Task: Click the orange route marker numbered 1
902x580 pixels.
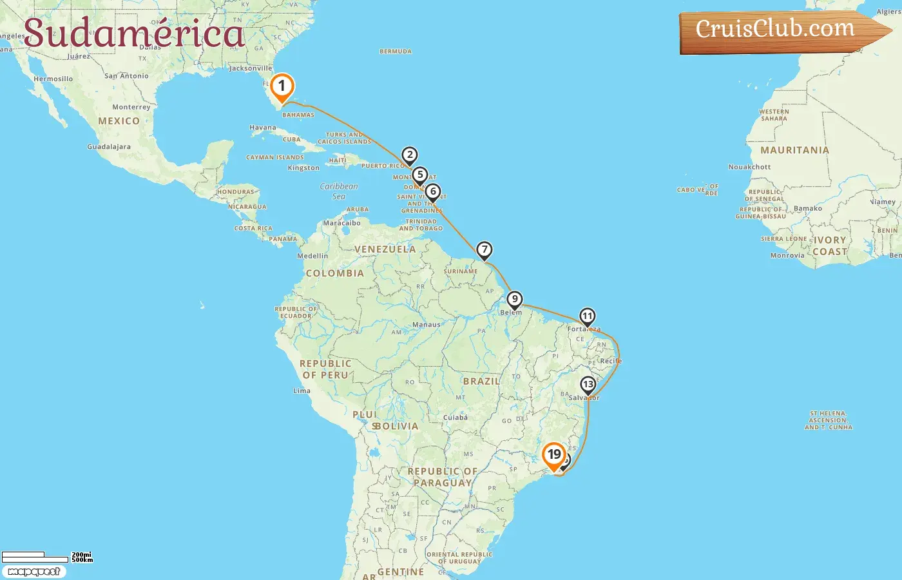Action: click(282, 86)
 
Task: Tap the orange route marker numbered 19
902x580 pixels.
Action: click(554, 455)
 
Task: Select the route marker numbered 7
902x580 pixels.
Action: click(484, 250)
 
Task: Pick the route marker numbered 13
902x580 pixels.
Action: click(588, 385)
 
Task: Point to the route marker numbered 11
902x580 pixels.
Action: click(587, 316)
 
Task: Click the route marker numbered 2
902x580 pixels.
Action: click(409, 155)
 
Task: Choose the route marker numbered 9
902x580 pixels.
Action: click(514, 300)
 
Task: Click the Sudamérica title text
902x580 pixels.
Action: click(134, 34)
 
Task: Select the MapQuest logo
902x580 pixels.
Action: click(34, 572)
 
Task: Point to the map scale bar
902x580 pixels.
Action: click(35, 557)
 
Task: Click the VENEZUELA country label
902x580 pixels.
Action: click(385, 249)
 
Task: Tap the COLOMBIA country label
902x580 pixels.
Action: click(334, 273)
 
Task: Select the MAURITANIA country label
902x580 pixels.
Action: click(794, 150)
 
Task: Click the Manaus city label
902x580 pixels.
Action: click(426, 325)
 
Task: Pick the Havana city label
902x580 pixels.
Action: click(263, 128)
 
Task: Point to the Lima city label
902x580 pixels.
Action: click(302, 391)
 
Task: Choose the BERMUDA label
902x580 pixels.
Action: click(396, 52)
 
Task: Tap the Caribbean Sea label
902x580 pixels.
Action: click(339, 191)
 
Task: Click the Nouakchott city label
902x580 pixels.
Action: click(749, 167)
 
